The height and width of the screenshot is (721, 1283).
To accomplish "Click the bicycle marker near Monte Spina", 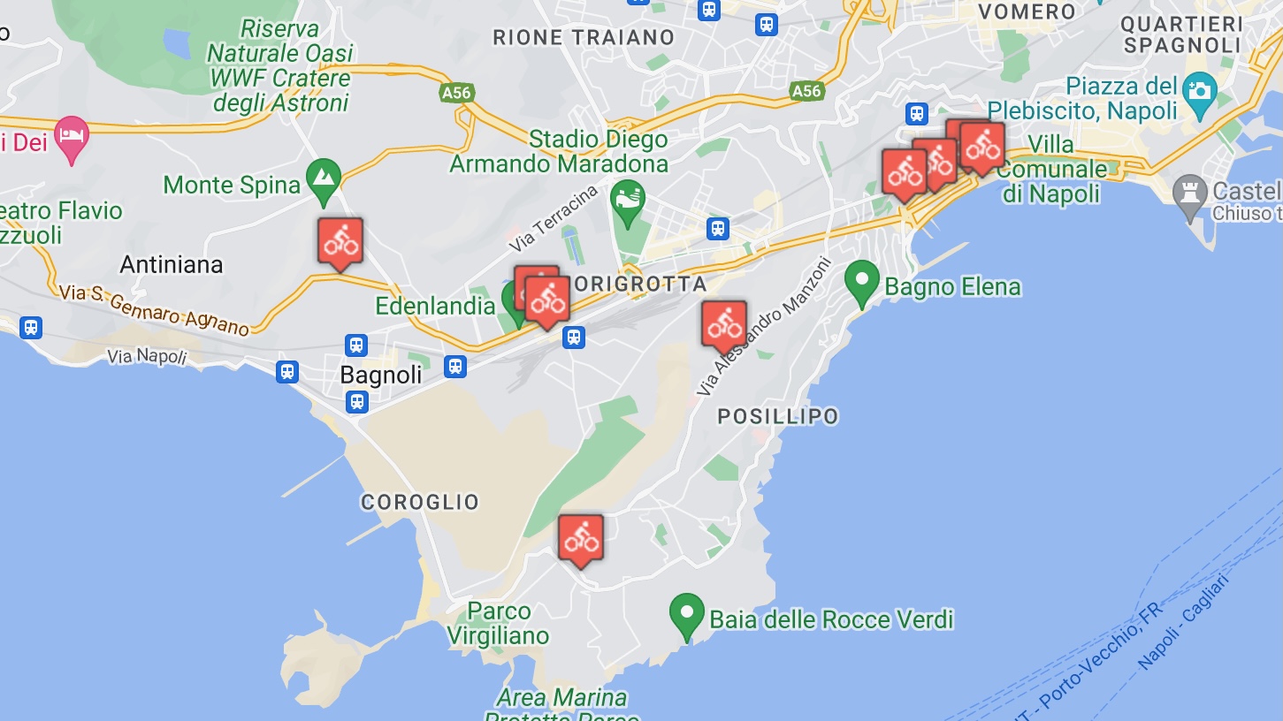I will [340, 240].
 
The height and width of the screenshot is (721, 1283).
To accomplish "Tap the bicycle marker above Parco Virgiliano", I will [581, 537].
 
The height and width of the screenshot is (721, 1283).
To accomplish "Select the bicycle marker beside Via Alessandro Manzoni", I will [724, 323].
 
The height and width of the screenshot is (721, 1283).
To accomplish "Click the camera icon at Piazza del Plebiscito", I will [1201, 90].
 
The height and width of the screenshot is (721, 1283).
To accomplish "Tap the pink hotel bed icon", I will [72, 137].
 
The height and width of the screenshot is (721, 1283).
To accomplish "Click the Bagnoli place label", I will [381, 375].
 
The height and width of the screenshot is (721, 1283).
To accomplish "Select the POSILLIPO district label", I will [778, 416].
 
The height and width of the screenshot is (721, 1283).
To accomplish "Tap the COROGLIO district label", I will [420, 502].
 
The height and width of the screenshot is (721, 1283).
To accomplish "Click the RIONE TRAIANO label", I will [584, 38].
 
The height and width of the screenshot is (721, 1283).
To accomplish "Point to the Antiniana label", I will [172, 264].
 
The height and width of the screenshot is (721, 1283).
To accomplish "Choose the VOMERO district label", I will [1028, 11].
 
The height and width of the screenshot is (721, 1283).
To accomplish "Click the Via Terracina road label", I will [554, 218].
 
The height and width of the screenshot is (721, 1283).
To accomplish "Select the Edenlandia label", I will [435, 306].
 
